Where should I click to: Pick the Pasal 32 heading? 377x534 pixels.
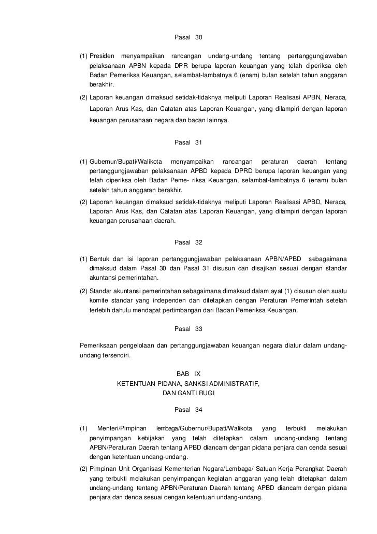(189, 242)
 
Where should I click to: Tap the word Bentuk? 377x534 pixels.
(99, 258)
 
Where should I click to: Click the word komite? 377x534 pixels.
(99, 301)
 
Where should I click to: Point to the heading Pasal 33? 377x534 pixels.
(189, 329)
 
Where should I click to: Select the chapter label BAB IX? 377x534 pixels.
(189, 374)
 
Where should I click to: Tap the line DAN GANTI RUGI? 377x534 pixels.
(189, 393)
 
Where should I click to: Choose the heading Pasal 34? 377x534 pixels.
(189, 410)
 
